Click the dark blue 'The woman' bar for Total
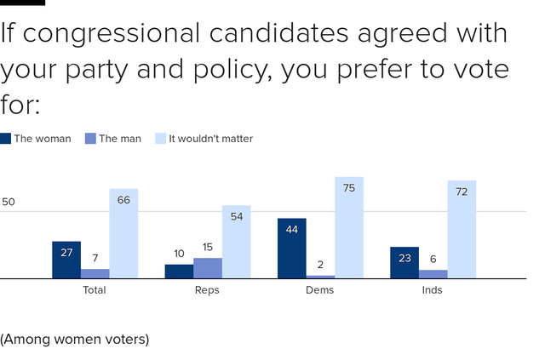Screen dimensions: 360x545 click(x=66, y=260)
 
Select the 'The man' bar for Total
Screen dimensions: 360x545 click(x=95, y=273)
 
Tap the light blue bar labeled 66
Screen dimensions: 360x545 click(x=123, y=233)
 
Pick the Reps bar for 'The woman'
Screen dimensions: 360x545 click(x=179, y=271)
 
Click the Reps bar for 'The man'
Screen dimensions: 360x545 click(x=208, y=268)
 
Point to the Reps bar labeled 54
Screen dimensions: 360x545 click(x=236, y=242)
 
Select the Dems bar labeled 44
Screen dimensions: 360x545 click(x=292, y=249)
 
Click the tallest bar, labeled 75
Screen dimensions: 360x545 click(x=349, y=227)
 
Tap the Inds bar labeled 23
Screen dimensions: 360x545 click(x=404, y=262)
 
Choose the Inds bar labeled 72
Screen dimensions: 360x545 click(x=462, y=229)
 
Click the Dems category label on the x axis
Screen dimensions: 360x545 click(x=320, y=290)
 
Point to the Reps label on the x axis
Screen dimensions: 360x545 click(x=207, y=290)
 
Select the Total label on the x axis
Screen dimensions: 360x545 click(x=95, y=290)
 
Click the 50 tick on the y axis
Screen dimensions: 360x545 click(x=9, y=203)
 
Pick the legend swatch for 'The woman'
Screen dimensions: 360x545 click(x=6, y=139)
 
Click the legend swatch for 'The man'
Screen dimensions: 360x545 click(x=90, y=139)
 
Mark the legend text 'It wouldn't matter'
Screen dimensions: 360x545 click(x=210, y=139)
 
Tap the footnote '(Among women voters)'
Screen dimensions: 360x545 click(x=75, y=339)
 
